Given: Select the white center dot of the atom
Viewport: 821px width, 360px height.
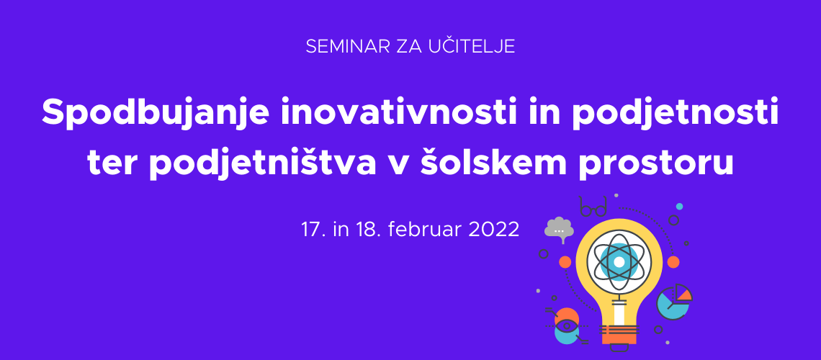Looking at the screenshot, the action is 619,261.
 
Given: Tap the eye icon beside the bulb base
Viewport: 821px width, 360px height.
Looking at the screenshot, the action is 566,326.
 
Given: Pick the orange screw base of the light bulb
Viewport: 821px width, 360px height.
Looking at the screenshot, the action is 619,334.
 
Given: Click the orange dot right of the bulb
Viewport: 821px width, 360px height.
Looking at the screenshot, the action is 673,262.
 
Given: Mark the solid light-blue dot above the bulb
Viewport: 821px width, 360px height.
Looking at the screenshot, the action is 679,207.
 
